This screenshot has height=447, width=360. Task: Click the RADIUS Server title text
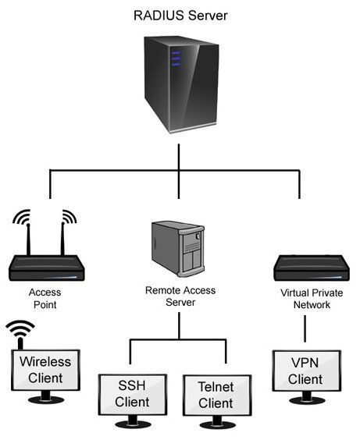click(x=179, y=13)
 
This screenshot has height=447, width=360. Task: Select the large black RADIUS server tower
click(x=179, y=87)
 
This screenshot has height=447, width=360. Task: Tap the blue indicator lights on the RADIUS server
click(x=176, y=59)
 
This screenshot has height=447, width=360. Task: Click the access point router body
click(x=47, y=269)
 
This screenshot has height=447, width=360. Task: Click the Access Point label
click(x=45, y=299)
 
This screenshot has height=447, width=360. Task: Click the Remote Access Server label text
click(x=180, y=296)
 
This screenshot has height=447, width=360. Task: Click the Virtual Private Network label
click(x=305, y=299)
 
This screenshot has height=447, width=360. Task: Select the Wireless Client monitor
click(x=45, y=371)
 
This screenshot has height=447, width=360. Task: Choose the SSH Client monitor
click(x=132, y=396)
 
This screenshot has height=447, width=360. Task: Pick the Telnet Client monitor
click(x=216, y=396)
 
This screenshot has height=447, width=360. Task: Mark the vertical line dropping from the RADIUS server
click(x=179, y=156)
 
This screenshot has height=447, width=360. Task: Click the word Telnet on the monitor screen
click(x=216, y=386)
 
